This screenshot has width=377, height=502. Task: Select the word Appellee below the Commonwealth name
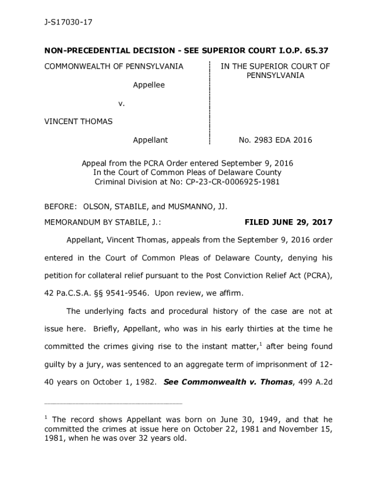149,85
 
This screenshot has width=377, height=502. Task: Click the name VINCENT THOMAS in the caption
78,121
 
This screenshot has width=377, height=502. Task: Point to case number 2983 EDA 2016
275,140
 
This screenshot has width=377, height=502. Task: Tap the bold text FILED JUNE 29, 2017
288,223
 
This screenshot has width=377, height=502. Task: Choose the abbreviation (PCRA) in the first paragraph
316,276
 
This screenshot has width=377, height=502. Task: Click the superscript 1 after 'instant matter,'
260,344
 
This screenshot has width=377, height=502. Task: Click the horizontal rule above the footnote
113,403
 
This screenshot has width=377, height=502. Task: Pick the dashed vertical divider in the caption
210,103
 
